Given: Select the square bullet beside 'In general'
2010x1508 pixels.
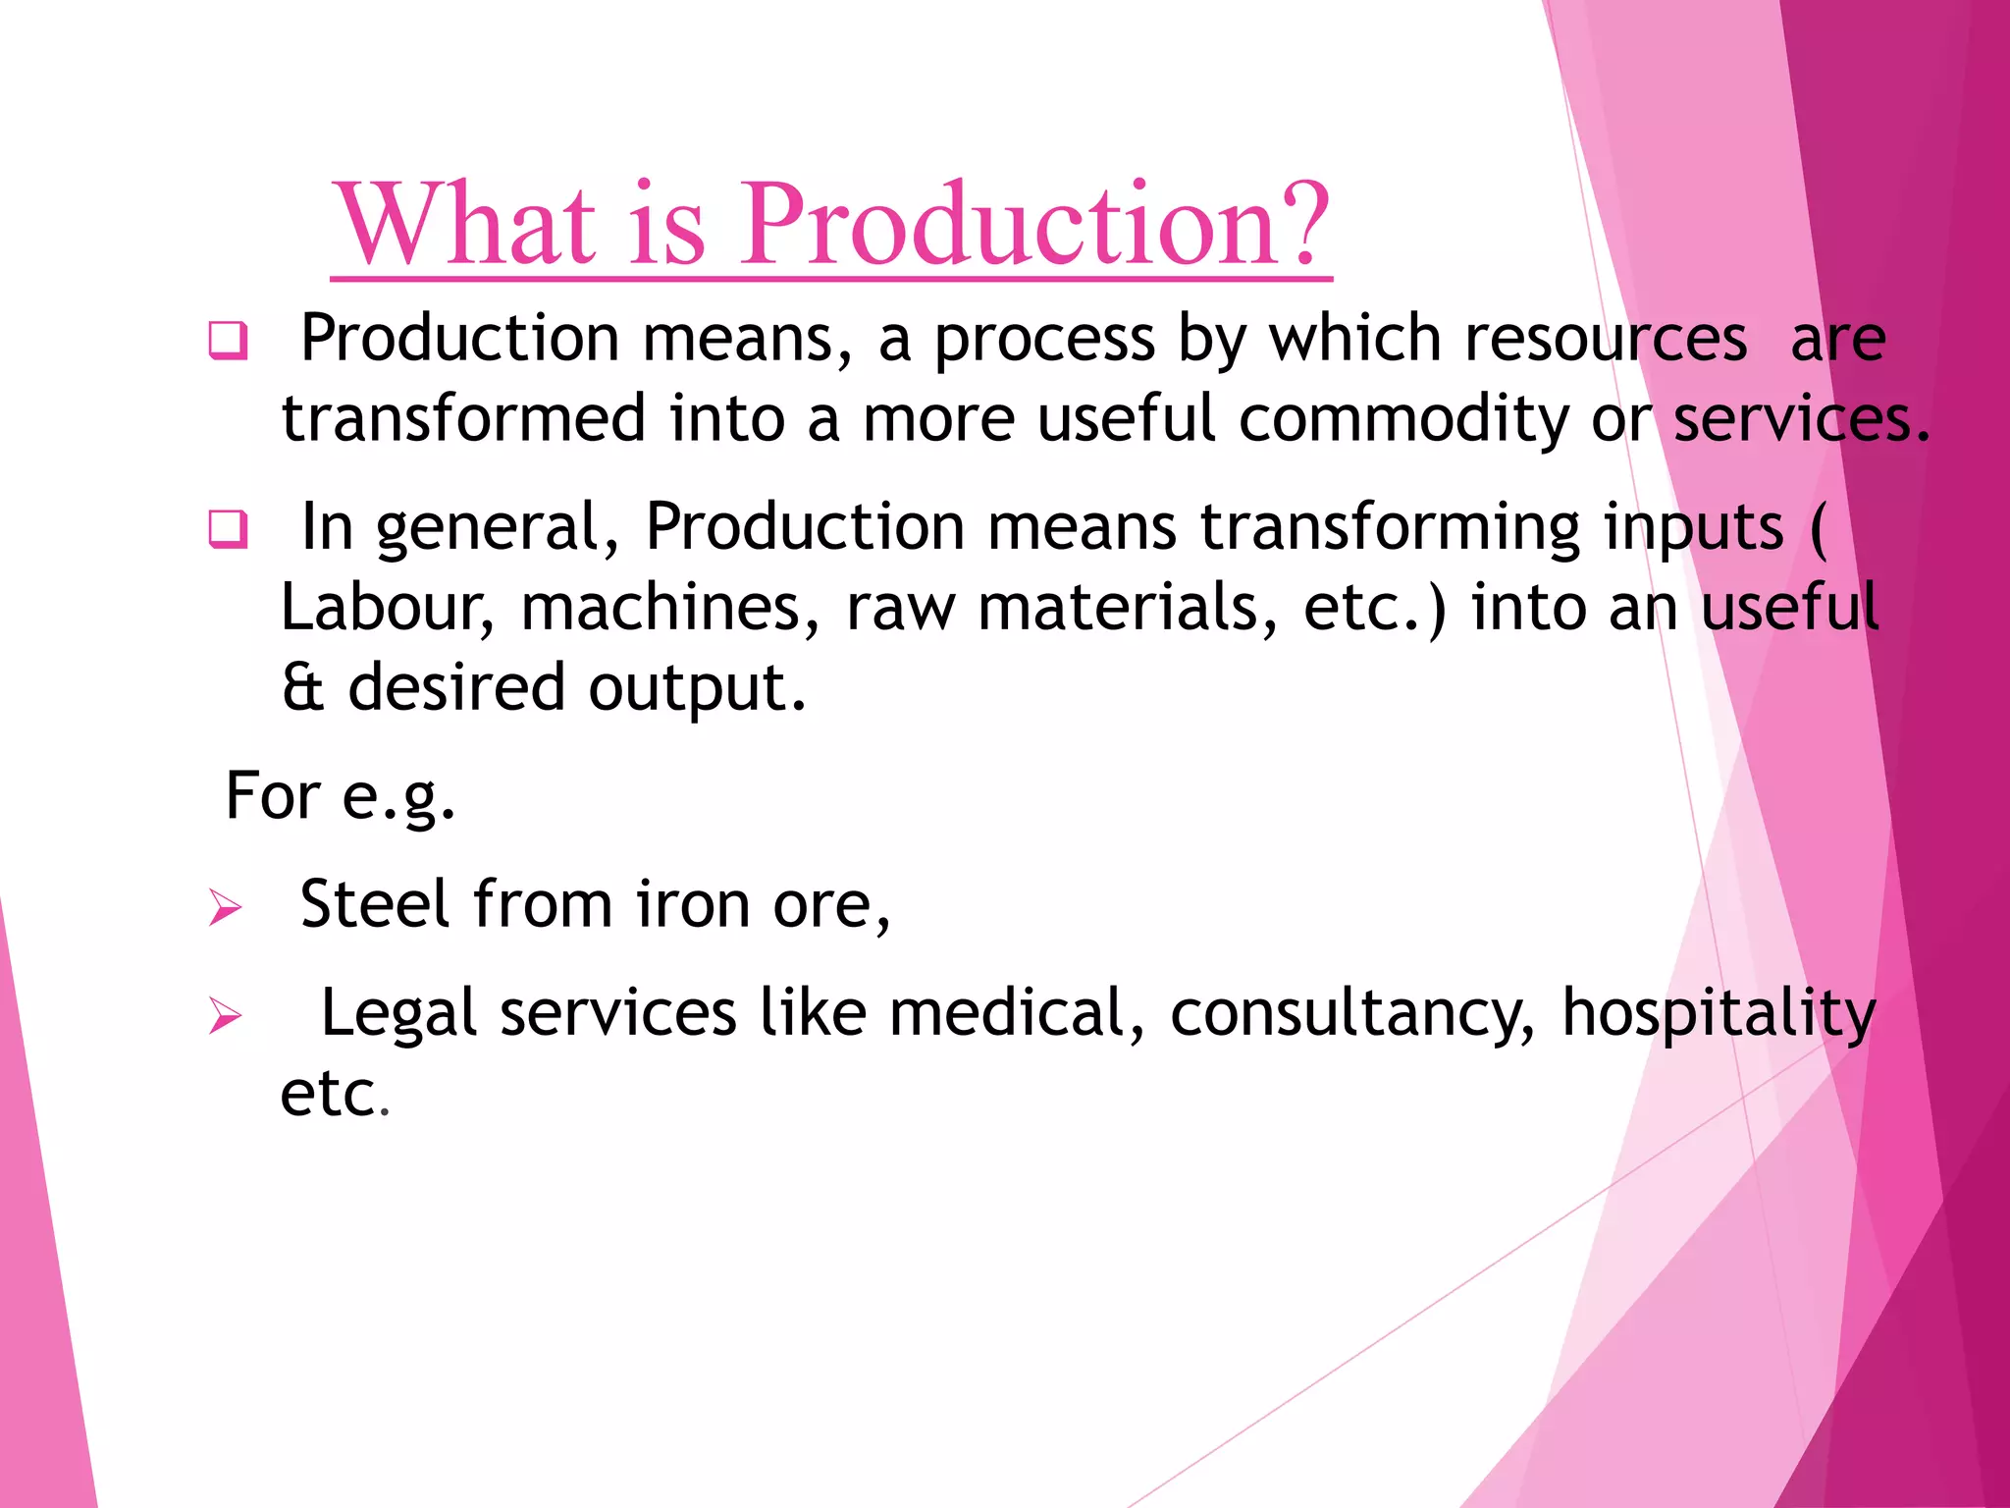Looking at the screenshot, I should pyautogui.click(x=228, y=530).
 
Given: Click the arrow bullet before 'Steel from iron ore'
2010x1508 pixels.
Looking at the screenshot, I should pyautogui.click(x=225, y=907).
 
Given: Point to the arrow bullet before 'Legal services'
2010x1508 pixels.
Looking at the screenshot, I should pyautogui.click(x=225, y=1015).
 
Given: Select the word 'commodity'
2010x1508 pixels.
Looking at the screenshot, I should pyautogui.click(x=1403, y=419).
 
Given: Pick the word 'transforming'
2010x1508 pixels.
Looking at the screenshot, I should pyautogui.click(x=1391, y=527).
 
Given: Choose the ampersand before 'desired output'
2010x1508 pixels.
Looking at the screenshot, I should pyautogui.click(x=302, y=687).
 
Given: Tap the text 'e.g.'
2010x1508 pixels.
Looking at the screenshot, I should pyautogui.click(x=398, y=796).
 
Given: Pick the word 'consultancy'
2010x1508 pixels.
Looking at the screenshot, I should pyautogui.click(x=1352, y=1014).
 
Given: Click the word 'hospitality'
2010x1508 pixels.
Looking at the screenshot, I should pyautogui.click(x=1719, y=1014).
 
